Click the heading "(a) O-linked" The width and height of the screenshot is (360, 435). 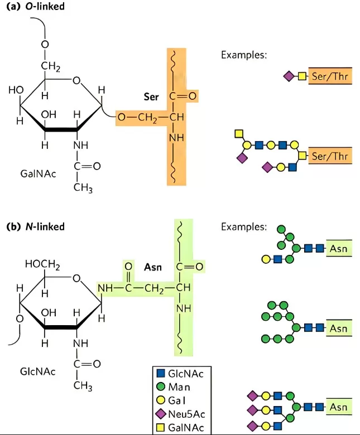tap(35, 8)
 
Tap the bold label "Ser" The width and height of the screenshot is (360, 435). tap(151, 96)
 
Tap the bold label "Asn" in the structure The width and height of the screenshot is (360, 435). tap(152, 267)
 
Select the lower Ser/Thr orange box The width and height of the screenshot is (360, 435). tap(330, 156)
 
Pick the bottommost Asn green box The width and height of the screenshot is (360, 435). tap(338, 407)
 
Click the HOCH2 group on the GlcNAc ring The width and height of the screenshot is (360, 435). tap(42, 265)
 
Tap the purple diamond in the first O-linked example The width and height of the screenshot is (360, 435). tap(289, 76)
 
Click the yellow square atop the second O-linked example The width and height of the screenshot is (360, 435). tap(239, 133)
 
